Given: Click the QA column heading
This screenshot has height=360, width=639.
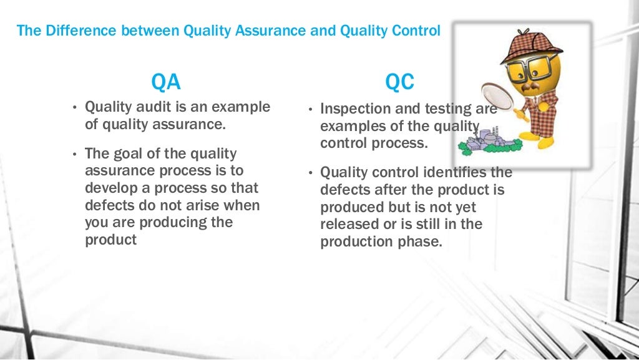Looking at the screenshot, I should [167, 82].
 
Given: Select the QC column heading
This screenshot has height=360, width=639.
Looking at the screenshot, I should [399, 82].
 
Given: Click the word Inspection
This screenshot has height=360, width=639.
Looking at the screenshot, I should [353, 109].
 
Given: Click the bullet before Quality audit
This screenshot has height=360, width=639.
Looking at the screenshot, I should [74, 108].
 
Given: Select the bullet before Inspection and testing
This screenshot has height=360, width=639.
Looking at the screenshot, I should [310, 109].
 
